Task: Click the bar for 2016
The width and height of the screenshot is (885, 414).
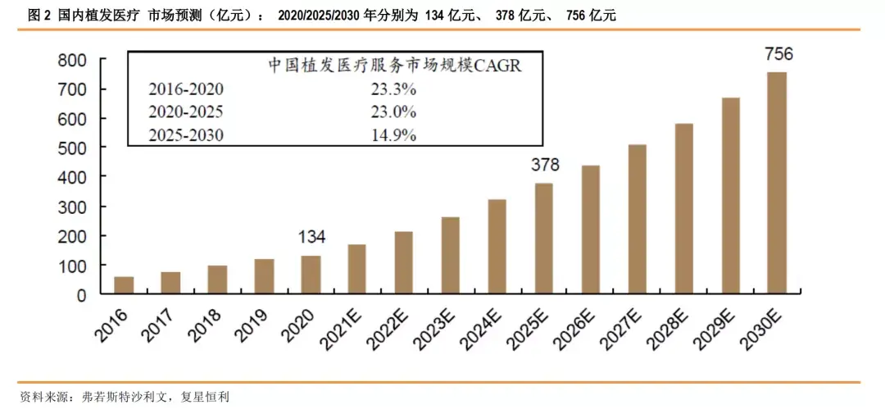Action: [124, 285]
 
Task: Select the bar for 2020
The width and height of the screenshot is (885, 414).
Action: [311, 275]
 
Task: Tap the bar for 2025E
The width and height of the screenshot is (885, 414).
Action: [544, 239]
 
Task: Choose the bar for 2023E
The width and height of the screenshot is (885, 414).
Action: [451, 255]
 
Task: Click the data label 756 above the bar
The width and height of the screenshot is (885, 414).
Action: [778, 55]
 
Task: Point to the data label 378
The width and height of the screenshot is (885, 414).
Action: [544, 165]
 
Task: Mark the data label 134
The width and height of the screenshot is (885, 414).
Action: [311, 237]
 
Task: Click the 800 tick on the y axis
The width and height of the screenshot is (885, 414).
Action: [72, 60]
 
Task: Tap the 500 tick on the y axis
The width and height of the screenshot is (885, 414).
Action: [72, 148]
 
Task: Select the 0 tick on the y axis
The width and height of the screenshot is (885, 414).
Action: [81, 294]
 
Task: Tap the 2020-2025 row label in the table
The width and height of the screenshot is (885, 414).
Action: [186, 113]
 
